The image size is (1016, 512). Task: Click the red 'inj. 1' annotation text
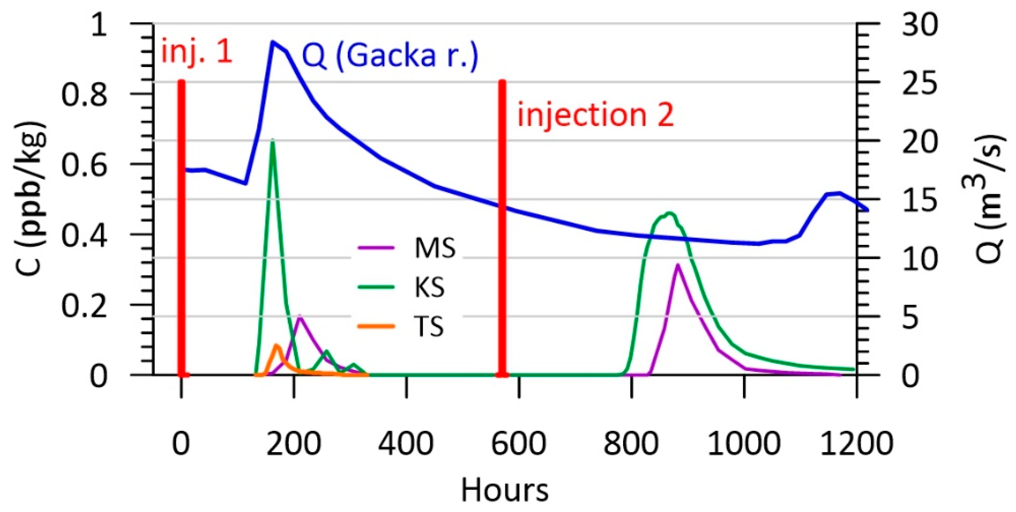(x=197, y=53)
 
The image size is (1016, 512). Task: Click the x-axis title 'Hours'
(x=505, y=490)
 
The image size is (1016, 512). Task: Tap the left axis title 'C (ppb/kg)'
(x=31, y=199)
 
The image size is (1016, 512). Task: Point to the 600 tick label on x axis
(x=518, y=444)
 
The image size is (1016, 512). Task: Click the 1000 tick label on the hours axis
(x=744, y=444)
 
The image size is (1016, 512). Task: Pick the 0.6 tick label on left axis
(x=84, y=165)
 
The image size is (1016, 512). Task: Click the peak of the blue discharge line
(x=272, y=41)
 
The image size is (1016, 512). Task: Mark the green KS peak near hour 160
(x=272, y=141)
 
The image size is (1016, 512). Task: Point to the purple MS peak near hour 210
(x=300, y=316)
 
